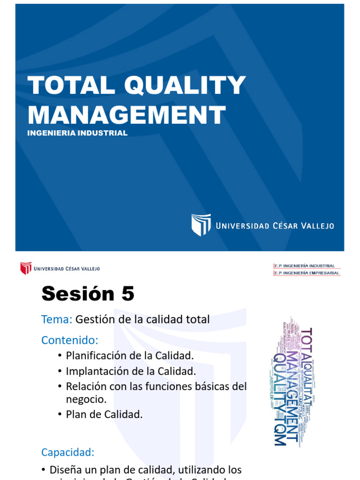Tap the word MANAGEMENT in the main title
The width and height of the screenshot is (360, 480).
tap(127, 115)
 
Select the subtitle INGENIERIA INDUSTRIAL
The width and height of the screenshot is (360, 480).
tap(77, 133)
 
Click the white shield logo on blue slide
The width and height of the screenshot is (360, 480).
tap(201, 225)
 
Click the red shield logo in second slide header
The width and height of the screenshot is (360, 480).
tap(25, 269)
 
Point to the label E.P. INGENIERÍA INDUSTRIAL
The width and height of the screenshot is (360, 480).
tap(305, 266)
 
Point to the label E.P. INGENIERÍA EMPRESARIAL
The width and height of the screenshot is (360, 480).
tap(307, 273)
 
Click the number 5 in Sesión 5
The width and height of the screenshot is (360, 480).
tap(127, 294)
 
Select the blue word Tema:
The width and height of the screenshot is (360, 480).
tap(56, 320)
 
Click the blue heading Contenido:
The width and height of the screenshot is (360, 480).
tap(70, 339)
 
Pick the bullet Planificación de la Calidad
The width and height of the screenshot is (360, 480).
tap(129, 356)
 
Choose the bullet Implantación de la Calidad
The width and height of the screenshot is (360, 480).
tap(130, 371)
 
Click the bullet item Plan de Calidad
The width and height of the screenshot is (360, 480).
tap(104, 414)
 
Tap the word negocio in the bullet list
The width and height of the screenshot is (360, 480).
tap(86, 399)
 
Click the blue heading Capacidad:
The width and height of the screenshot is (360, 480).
tap(68, 452)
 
